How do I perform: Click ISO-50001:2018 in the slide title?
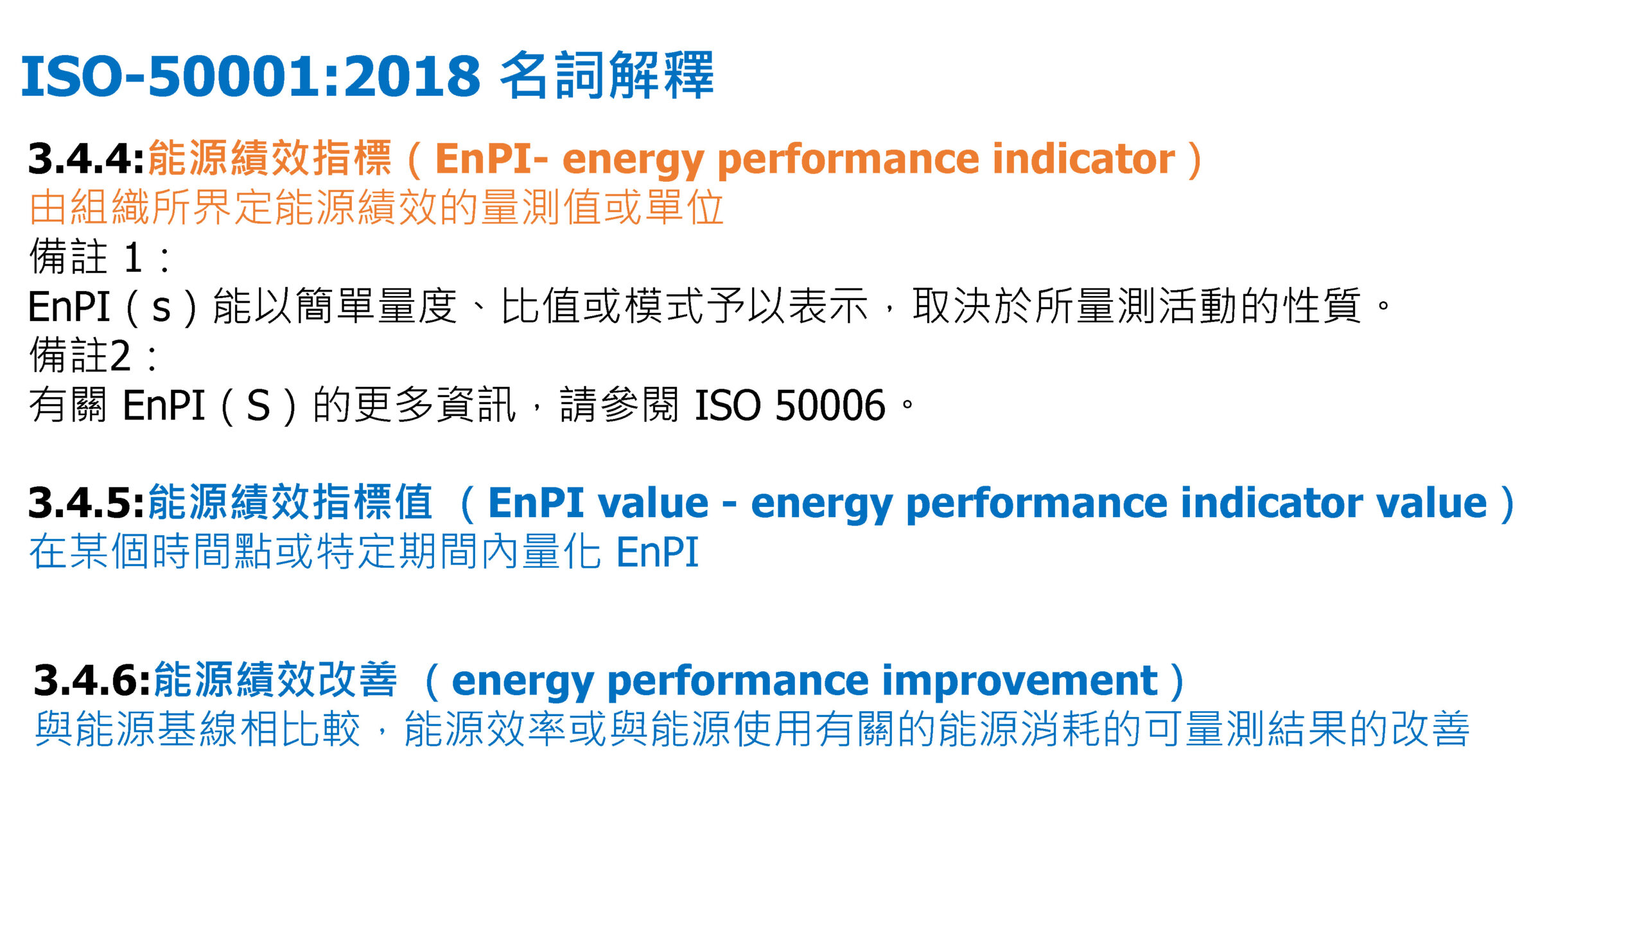pos(250,76)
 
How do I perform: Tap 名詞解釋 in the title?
pos(606,75)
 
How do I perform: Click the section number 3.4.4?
pos(86,159)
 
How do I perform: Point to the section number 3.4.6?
pos(92,681)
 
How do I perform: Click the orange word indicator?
pos(1083,159)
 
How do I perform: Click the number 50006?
pos(830,406)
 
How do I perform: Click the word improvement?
pos(1020,681)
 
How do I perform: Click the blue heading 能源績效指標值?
pos(291,503)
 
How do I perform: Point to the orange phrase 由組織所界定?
pos(151,207)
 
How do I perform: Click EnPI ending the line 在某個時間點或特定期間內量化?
pos(657,552)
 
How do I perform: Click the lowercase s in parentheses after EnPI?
pos(161,308)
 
